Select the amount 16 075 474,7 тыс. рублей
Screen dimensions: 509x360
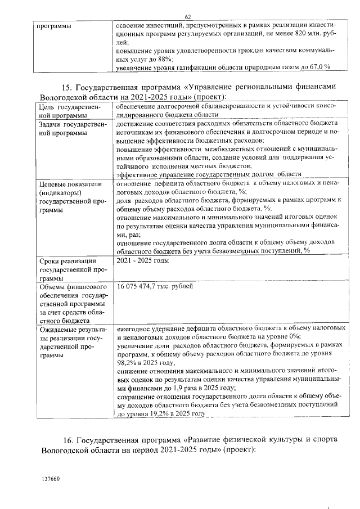click(155, 287)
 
